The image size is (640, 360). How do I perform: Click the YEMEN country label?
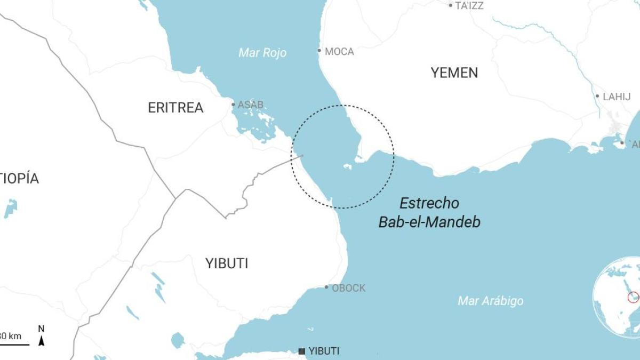pos(454,73)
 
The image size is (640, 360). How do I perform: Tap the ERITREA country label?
pos(175,108)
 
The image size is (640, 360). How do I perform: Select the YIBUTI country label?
pos(227,263)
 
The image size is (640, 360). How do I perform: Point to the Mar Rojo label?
pos(262,53)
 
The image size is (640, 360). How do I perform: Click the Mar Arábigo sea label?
pos(491,301)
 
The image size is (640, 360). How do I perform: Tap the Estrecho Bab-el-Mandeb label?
pos(429,212)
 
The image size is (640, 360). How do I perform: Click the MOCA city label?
pos(339,52)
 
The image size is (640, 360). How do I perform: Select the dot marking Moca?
pos(319,51)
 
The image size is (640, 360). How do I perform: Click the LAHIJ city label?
pos(617,97)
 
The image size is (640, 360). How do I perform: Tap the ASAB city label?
pos(251,105)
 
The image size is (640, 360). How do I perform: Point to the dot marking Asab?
pos(233,105)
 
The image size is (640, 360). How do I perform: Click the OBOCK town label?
pos(349,288)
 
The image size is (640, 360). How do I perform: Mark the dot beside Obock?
pos(327,287)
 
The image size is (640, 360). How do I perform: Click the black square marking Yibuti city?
pos(302,351)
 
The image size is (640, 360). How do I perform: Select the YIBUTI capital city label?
pos(324,351)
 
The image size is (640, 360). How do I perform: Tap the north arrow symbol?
pos(41,337)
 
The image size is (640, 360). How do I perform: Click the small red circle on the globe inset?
pos(633,297)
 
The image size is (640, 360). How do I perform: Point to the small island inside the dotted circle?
pos(347,167)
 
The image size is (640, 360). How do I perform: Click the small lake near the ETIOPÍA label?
pos(11,207)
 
